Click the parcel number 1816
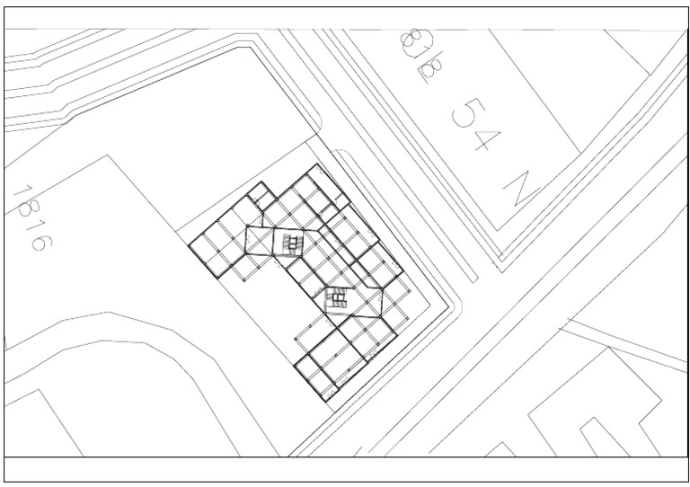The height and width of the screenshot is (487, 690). point(32,218)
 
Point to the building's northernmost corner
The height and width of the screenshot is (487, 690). point(314,167)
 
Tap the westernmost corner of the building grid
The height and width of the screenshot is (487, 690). point(190,242)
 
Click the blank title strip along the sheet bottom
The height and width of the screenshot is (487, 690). point(345,469)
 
